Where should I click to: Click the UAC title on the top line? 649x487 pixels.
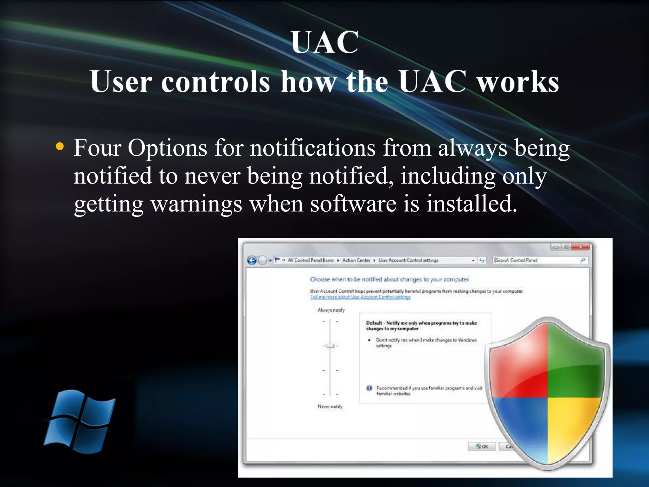pyautogui.click(x=325, y=42)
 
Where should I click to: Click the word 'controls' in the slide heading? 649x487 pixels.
pyautogui.click(x=215, y=82)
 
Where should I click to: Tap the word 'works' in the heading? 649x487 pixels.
pyautogui.click(x=518, y=82)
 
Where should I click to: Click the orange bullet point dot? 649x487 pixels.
pyautogui.click(x=60, y=147)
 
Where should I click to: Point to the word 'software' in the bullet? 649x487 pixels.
pyautogui.click(x=353, y=204)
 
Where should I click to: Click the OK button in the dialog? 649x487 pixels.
pyautogui.click(x=482, y=446)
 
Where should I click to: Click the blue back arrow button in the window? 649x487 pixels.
pyautogui.click(x=252, y=261)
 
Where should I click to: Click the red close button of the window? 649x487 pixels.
pyautogui.click(x=581, y=246)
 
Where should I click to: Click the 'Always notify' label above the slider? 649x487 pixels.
pyautogui.click(x=331, y=310)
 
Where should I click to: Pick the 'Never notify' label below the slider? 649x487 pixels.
pyautogui.click(x=330, y=406)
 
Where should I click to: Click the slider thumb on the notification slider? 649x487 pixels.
pyautogui.click(x=330, y=346)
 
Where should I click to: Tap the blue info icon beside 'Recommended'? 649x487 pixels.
pyautogui.click(x=369, y=388)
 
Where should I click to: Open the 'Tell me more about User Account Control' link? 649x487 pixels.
pyautogui.click(x=360, y=297)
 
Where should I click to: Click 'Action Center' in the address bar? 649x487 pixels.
pyautogui.click(x=356, y=260)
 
